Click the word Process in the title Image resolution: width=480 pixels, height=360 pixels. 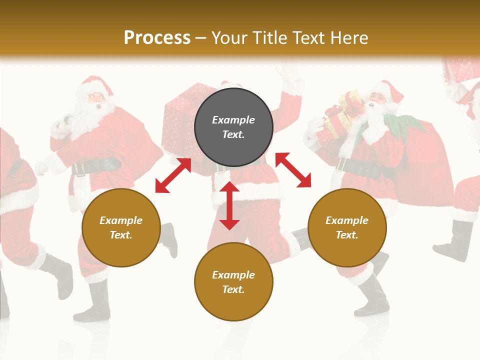click(157, 37)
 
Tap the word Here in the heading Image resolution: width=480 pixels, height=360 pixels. click(348, 37)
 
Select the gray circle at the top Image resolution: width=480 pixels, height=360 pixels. click(233, 127)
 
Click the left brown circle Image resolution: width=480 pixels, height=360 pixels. click(121, 227)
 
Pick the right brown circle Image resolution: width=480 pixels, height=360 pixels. click(347, 227)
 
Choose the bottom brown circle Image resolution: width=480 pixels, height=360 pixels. click(233, 282)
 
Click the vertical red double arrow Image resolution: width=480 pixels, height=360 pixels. click(229, 205)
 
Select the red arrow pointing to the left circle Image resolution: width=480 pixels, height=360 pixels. click(173, 175)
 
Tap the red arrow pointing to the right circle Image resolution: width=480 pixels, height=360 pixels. click(293, 170)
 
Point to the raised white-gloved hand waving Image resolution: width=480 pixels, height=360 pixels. click(289, 75)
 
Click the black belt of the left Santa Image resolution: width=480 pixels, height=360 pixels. click(97, 165)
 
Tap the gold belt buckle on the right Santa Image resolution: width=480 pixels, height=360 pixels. click(342, 164)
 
